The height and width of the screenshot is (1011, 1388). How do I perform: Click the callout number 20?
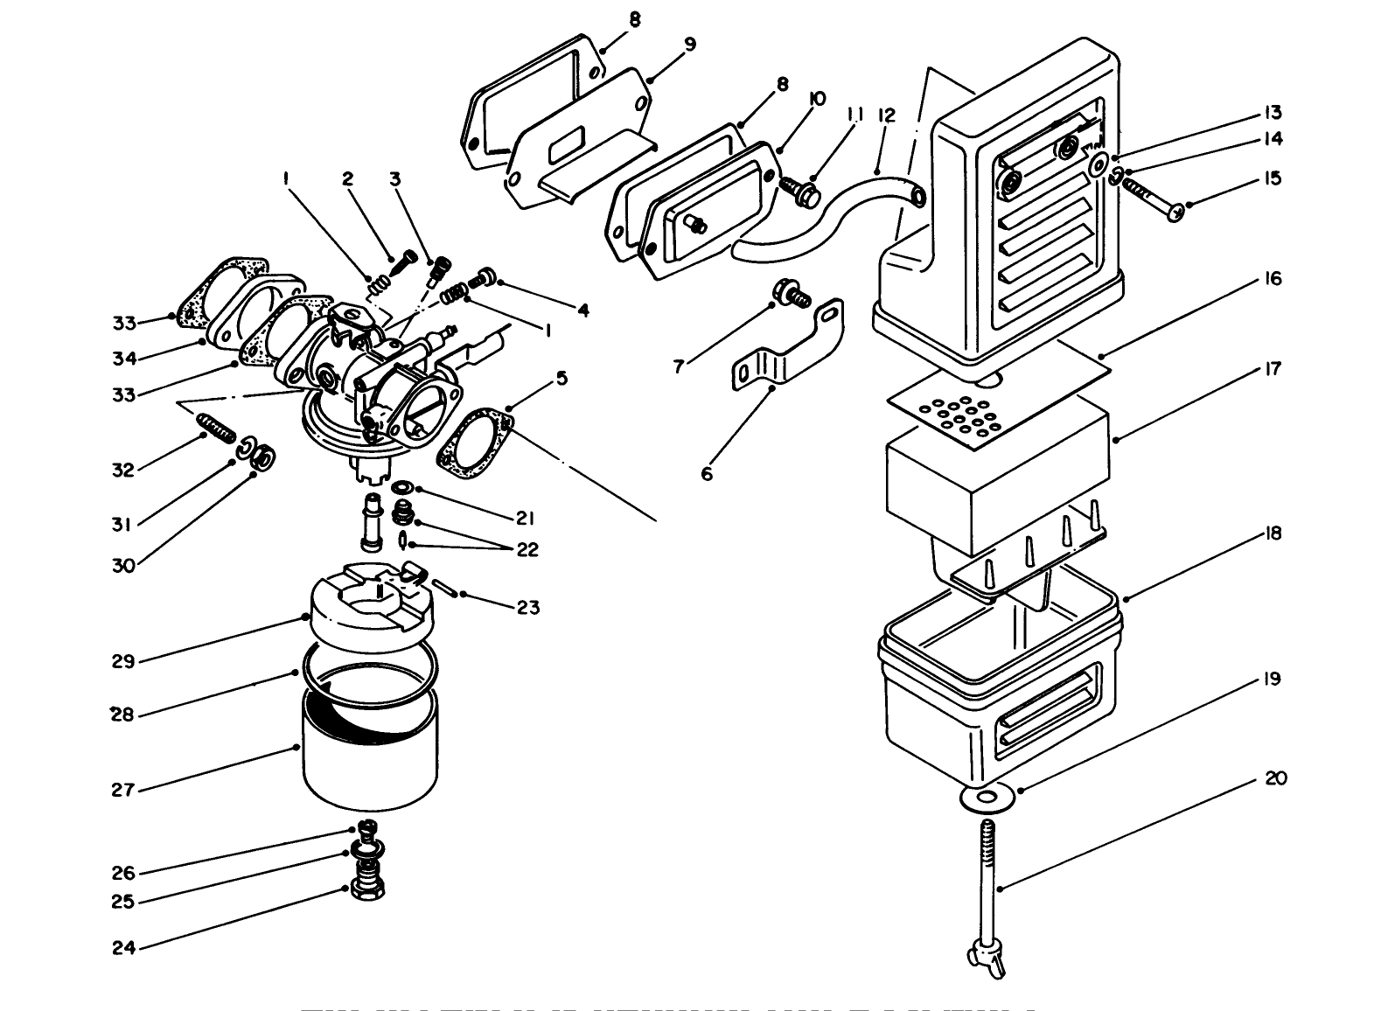point(1276,778)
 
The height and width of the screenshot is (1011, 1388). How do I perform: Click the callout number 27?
point(122,790)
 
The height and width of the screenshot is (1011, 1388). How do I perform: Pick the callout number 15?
point(1273,178)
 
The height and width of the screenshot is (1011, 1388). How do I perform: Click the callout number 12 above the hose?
point(886,115)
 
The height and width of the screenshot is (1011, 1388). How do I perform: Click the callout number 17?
point(1273,369)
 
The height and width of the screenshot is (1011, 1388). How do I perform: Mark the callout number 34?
point(123,358)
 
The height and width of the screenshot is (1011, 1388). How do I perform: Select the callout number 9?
point(690,45)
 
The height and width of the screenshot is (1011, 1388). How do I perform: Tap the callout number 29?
point(123,661)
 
